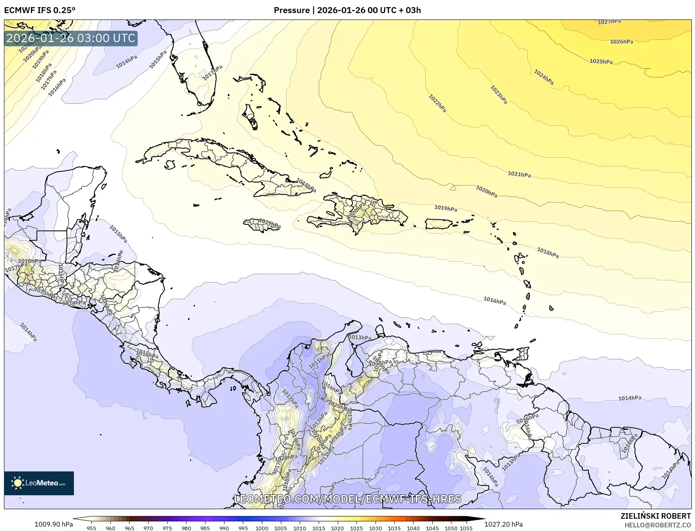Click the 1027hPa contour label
click(609, 22)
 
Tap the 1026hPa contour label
click(621, 42)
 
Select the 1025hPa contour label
click(601, 62)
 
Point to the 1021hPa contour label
click(519, 174)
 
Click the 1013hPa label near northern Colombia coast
click(360, 338)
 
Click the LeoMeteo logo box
click(39, 483)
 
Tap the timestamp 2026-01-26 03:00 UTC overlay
click(71, 38)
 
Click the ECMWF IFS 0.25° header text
click(40, 10)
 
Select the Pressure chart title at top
click(347, 10)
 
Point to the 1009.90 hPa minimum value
click(54, 524)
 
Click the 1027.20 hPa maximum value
click(503, 524)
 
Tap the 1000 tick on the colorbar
click(262, 528)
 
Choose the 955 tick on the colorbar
click(91, 528)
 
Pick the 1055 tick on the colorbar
click(466, 528)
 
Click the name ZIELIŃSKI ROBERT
click(656, 516)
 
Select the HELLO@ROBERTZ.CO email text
click(658, 525)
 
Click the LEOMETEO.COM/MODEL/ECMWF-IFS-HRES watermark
click(348, 499)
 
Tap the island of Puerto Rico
click(439, 224)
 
